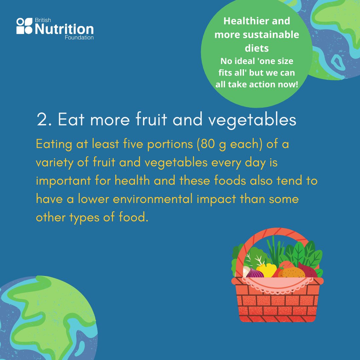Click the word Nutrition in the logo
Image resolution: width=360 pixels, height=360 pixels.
click(64, 29)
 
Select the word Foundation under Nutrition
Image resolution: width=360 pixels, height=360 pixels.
click(79, 38)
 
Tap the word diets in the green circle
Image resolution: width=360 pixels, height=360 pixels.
click(257, 48)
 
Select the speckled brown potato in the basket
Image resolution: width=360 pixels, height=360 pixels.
click(292, 273)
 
